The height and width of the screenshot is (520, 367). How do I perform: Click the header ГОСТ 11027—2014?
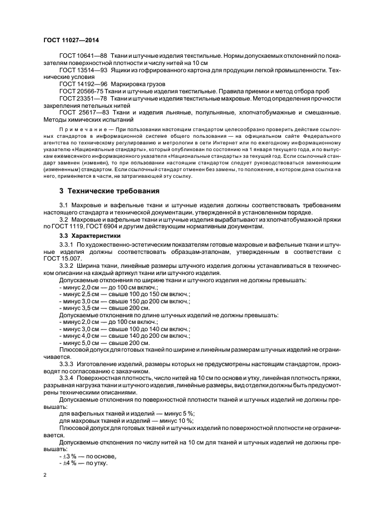[67, 41]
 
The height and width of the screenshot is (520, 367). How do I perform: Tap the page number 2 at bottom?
[46, 476]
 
